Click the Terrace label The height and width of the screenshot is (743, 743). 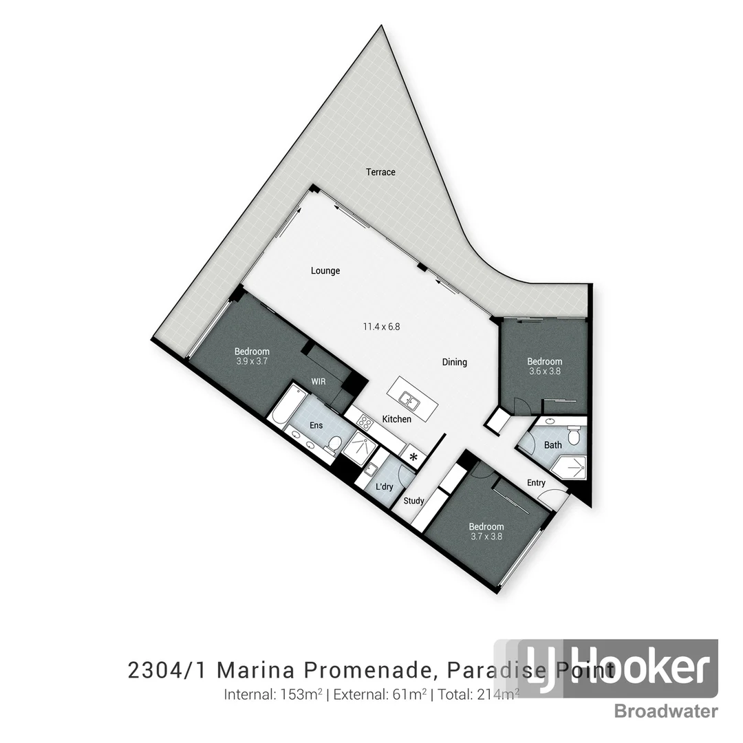tap(380, 172)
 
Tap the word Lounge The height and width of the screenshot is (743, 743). tap(325, 271)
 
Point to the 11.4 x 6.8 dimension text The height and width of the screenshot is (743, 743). tap(382, 327)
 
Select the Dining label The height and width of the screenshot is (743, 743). tap(455, 362)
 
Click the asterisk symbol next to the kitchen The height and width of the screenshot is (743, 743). tap(413, 456)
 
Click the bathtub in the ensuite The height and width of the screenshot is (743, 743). tap(284, 408)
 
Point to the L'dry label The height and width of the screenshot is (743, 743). tap(385, 487)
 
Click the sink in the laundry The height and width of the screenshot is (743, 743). tap(369, 470)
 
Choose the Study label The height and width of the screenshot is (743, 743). tap(413, 501)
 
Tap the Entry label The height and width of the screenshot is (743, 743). tap(537, 483)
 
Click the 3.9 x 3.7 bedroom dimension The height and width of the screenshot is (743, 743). tap(252, 361)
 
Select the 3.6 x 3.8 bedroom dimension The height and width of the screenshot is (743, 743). tap(545, 371)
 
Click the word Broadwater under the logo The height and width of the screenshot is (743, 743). tap(666, 711)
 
